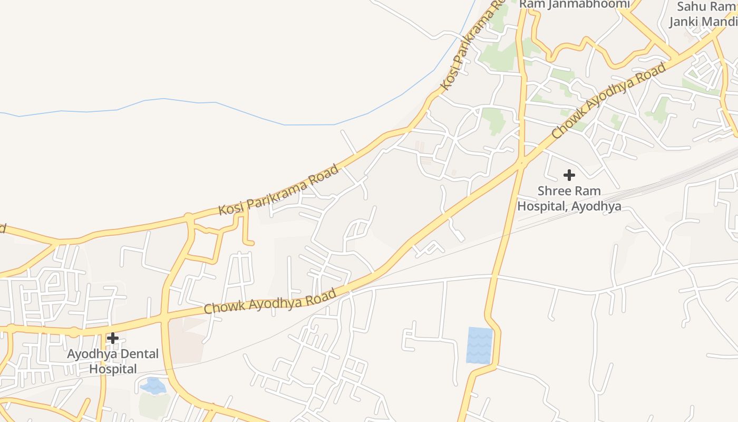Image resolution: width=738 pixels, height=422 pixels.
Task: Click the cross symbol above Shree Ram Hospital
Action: pos(569,175)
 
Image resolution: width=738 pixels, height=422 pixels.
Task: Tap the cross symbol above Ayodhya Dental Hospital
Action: pos(113,338)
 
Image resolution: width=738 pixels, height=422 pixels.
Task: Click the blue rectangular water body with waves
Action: pos(480,346)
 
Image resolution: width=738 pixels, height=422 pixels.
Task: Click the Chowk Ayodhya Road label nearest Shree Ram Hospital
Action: pos(609,101)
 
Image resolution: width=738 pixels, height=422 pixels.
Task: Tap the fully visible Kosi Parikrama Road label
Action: pos(279,190)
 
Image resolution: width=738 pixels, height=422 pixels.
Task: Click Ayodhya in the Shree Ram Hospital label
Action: pos(598,206)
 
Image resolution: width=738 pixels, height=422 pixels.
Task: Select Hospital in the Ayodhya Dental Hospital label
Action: pos(113,369)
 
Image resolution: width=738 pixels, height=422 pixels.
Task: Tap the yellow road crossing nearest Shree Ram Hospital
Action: pos(521,164)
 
